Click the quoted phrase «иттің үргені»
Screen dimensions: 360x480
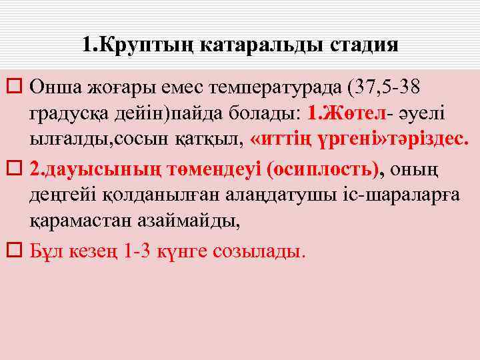[316, 140]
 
